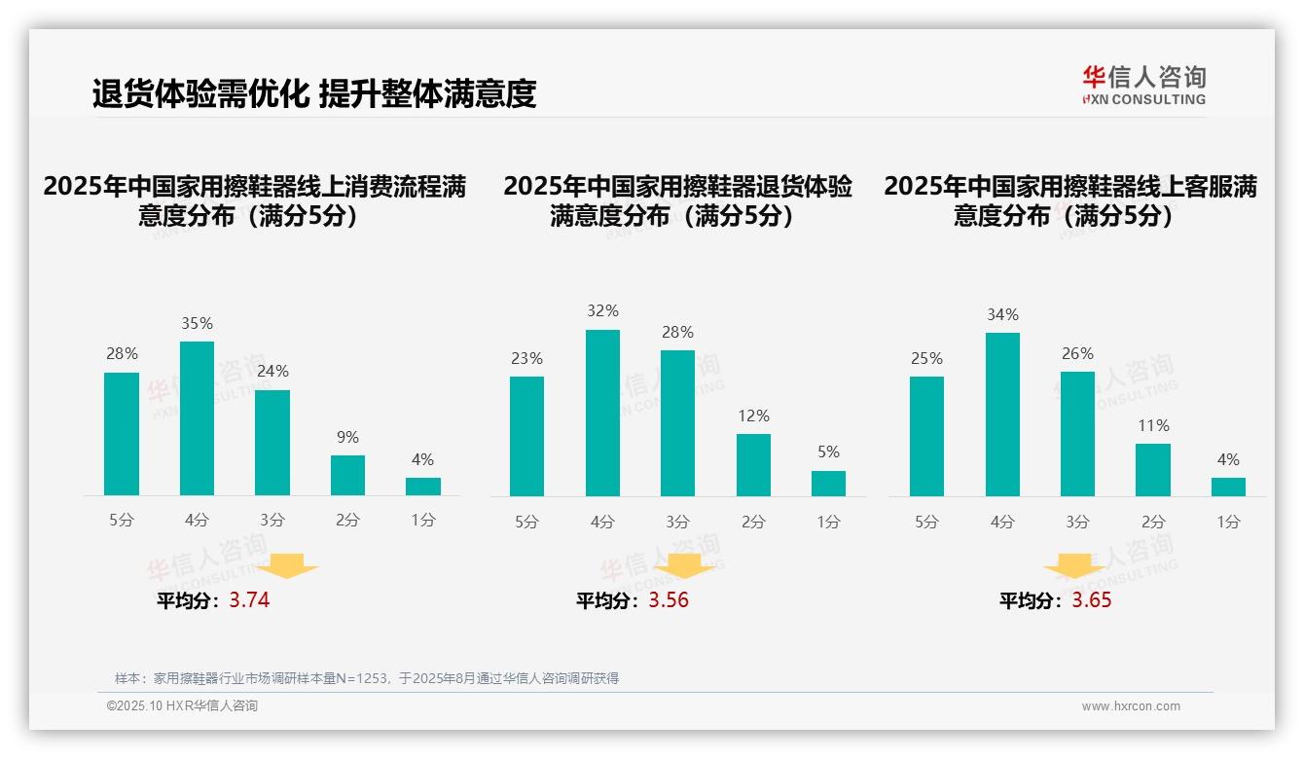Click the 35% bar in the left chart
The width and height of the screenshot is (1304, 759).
click(x=197, y=418)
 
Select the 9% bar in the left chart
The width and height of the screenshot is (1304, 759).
click(x=347, y=475)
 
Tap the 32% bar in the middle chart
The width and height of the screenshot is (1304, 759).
click(x=602, y=413)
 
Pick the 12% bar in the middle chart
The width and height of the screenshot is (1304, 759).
click(x=753, y=464)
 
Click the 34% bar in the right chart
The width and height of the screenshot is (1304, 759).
click(x=1002, y=415)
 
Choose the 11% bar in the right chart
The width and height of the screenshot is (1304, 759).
click(x=1153, y=469)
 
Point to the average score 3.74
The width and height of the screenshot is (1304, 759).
click(x=249, y=600)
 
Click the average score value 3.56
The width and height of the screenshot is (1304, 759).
click(x=669, y=600)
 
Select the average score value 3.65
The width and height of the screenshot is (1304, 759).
click(x=1092, y=600)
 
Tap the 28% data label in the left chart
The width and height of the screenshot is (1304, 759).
click(x=122, y=354)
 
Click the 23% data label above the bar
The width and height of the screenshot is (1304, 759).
click(x=526, y=359)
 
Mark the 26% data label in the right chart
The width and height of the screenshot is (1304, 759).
click(x=1077, y=354)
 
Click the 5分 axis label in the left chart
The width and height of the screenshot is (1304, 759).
click(x=122, y=521)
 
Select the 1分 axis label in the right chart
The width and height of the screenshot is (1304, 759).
click(x=1228, y=523)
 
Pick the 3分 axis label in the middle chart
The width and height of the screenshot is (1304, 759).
click(x=678, y=523)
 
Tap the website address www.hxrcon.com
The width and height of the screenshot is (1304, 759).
click(x=1131, y=706)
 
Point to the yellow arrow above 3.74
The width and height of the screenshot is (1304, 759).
click(x=290, y=566)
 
